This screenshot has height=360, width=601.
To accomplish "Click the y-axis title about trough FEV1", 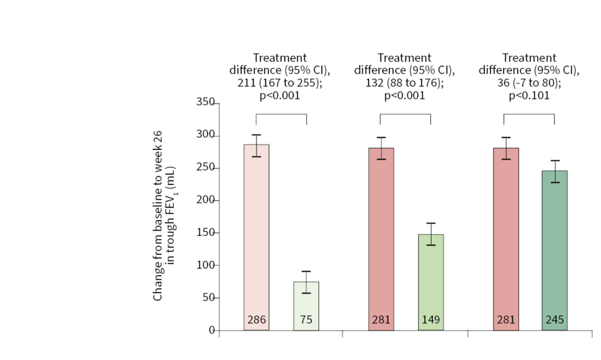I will [164, 216].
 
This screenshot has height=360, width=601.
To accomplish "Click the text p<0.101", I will [529, 96].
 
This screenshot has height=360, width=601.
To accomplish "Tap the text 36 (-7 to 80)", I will [529, 83].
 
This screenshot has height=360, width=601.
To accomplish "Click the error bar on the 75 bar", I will [306, 282].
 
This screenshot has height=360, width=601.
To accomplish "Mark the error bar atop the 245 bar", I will [554, 171].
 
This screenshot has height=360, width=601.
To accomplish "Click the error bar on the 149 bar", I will [431, 234].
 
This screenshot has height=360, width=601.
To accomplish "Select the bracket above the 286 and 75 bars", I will [281, 114].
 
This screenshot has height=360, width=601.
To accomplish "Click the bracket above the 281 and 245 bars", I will [529, 114].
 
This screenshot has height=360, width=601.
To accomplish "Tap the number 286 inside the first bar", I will [256, 319].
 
